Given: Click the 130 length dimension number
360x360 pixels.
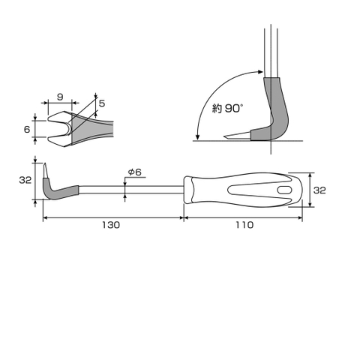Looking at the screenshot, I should coord(112,224).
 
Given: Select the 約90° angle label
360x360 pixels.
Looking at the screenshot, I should coord(228,108).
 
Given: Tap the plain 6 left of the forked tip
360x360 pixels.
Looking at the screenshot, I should coord(28,129).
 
